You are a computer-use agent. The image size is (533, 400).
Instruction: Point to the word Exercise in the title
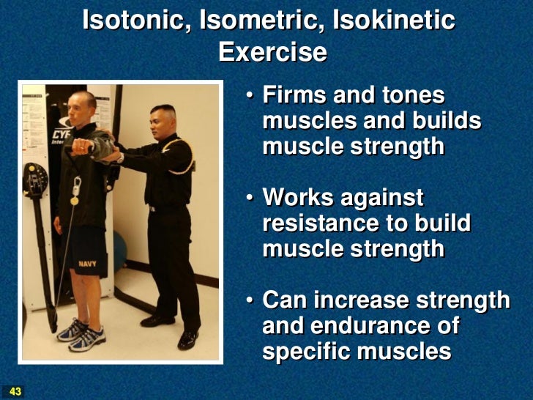[272, 52]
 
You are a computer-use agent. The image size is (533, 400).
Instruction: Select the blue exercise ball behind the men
[119, 249]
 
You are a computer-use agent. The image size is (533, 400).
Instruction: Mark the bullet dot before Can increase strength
[250, 300]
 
